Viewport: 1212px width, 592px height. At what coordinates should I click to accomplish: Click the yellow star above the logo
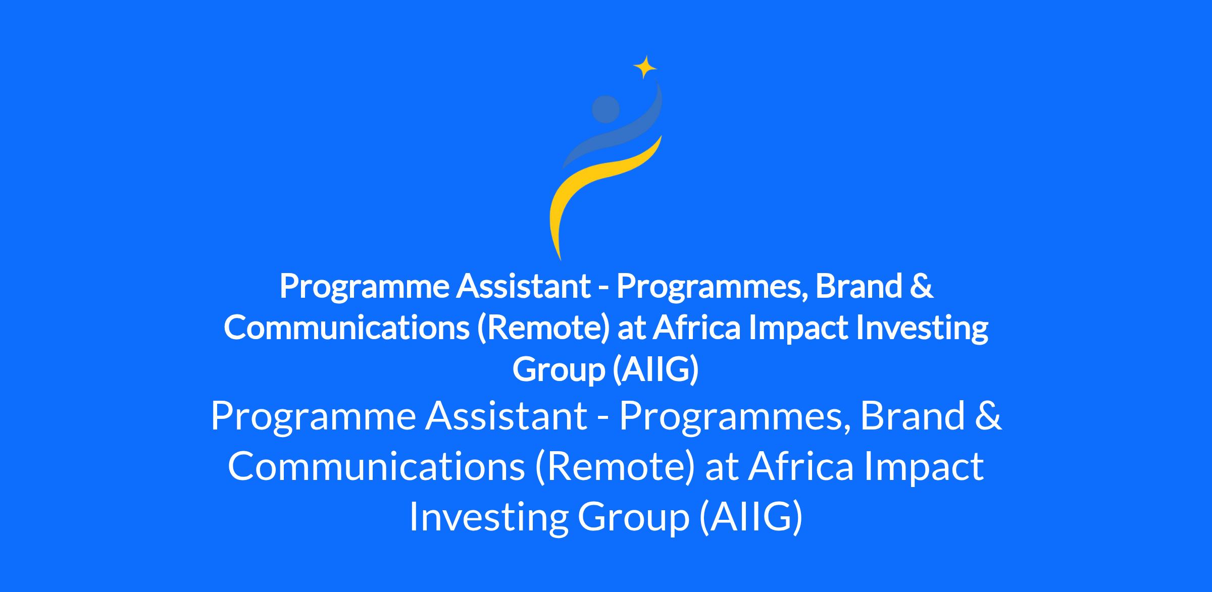point(645,67)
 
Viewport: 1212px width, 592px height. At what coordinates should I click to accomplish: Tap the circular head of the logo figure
point(605,109)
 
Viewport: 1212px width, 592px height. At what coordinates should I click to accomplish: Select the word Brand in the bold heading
point(858,286)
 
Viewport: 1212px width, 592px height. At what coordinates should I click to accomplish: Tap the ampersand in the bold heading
point(921,286)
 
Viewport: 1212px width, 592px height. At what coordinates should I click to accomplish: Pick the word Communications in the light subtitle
point(376,466)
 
